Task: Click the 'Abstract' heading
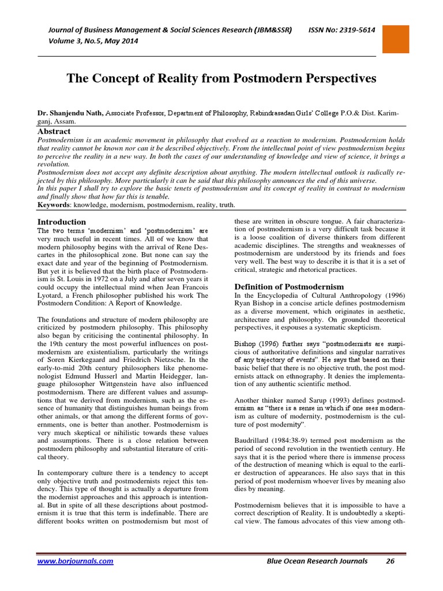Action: [54, 132]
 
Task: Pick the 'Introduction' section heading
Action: [62, 222]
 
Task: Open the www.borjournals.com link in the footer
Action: [75, 560]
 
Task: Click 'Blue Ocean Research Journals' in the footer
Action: [314, 560]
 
